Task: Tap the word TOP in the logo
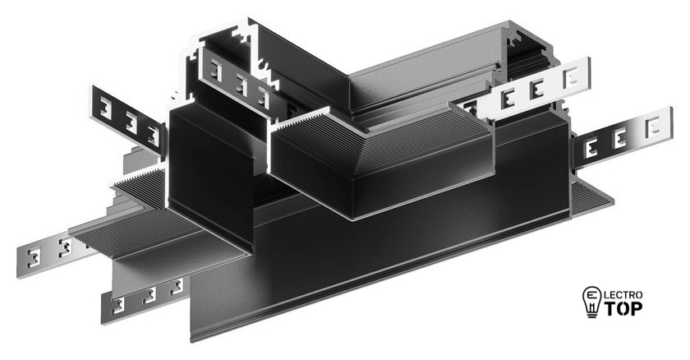623,308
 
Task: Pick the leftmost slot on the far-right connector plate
591,148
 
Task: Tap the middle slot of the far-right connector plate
620,138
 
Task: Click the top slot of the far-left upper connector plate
105,108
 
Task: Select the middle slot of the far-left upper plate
131,122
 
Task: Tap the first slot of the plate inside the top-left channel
215,70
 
